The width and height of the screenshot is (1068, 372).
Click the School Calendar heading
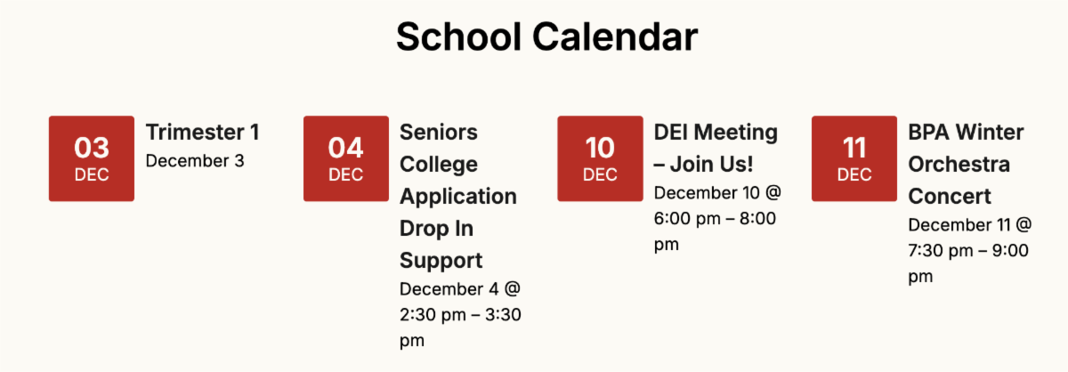click(x=546, y=36)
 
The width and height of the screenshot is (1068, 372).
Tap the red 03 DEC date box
click(x=92, y=158)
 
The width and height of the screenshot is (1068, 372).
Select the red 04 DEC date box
click(x=346, y=158)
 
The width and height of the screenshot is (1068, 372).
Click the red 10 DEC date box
click(x=600, y=158)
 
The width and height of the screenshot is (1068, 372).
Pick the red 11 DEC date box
click(x=854, y=158)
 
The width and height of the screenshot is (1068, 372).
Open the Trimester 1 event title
click(x=203, y=132)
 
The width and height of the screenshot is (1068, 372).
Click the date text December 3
click(x=195, y=161)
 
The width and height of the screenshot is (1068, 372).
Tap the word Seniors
click(x=439, y=132)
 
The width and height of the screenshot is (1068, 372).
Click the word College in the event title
click(x=439, y=165)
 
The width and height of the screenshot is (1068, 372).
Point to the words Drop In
click(x=437, y=229)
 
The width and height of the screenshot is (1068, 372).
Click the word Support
click(x=441, y=262)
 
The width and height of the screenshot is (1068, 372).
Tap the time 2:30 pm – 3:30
click(x=461, y=315)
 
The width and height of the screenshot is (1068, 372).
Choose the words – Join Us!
click(x=704, y=164)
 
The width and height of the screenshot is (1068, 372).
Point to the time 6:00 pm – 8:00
click(x=716, y=218)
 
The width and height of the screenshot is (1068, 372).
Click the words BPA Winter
click(x=966, y=132)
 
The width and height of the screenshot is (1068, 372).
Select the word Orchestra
click(x=959, y=164)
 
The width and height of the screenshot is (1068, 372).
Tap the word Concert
click(x=950, y=197)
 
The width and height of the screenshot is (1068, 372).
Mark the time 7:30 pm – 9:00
click(x=968, y=250)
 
